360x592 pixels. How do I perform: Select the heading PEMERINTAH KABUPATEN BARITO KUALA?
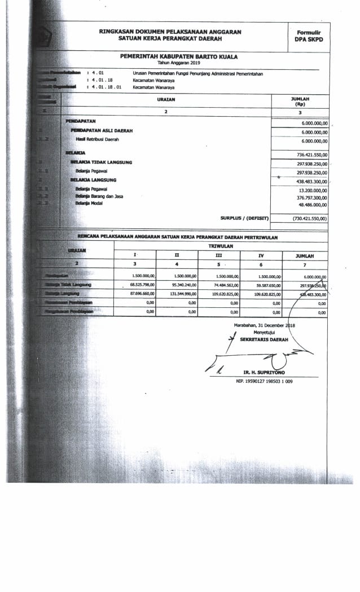[x=179, y=57]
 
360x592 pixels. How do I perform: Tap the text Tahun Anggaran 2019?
[x=179, y=63]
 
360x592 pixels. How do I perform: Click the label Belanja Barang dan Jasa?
[x=99, y=196]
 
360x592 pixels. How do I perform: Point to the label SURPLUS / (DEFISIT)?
[x=244, y=218]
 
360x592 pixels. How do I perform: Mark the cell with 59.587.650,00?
[x=268, y=285]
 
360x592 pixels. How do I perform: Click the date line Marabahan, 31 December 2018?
[x=265, y=326]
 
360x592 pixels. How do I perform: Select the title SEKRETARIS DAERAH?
[x=264, y=340]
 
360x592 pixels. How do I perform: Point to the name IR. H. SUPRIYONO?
[x=265, y=373]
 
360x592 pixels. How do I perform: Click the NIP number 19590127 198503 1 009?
[x=264, y=382]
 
